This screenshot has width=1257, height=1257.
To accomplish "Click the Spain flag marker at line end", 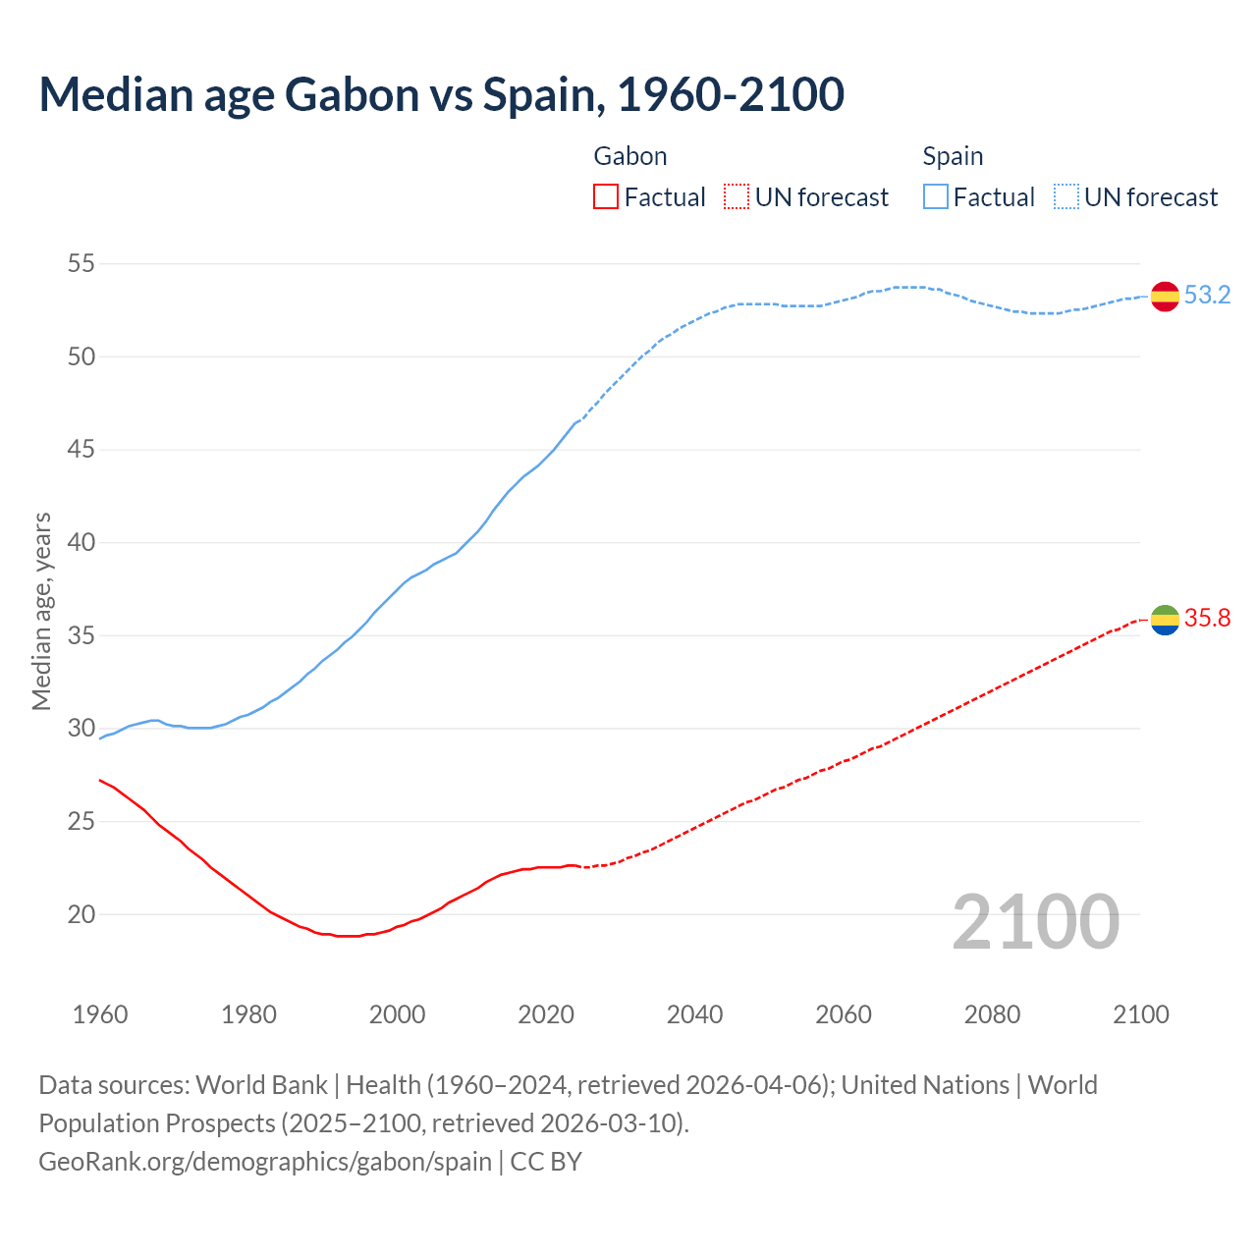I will [1165, 296].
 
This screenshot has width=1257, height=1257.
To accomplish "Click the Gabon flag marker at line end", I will [1165, 620].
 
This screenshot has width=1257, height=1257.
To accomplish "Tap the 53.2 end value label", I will [1207, 295].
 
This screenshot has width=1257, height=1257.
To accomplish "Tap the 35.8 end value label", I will [1207, 618].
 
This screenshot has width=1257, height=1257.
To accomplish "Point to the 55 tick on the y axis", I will [82, 263].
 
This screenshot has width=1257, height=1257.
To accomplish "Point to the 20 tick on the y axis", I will [82, 914].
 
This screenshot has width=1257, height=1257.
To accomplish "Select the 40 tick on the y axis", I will [82, 542].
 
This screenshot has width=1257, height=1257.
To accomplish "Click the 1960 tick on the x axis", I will [100, 1014].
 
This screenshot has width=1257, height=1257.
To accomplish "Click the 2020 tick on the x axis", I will [546, 1014].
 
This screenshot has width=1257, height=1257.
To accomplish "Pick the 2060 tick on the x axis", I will [844, 1014].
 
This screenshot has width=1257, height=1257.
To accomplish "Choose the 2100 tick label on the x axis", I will [1141, 1014].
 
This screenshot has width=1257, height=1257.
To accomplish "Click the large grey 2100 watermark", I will [1035, 921].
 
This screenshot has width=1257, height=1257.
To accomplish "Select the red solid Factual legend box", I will [606, 196].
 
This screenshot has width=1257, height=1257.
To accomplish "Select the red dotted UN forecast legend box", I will [737, 196].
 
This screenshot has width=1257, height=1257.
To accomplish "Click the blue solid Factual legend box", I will [936, 196].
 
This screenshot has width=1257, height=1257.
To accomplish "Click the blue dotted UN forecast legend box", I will [1066, 196].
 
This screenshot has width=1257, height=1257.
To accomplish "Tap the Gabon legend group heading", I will [630, 156].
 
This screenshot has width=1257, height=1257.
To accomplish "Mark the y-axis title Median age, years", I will [41, 611].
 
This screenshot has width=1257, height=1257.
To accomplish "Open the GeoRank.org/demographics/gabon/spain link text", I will [265, 1161].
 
